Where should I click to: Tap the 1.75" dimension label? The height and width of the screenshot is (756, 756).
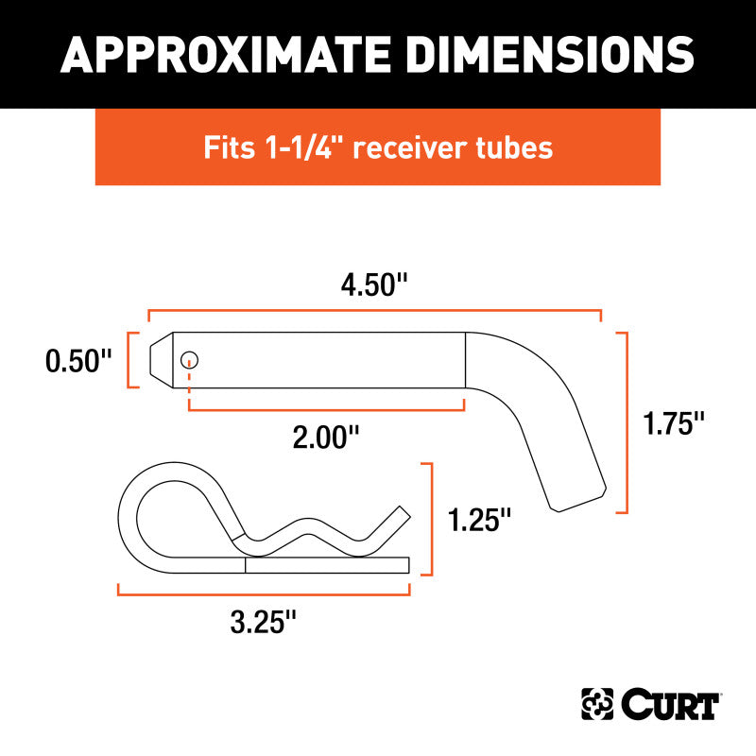tap(675, 421)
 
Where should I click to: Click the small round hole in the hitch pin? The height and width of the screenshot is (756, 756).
tap(190, 359)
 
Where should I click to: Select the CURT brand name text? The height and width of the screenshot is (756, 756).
tap(671, 704)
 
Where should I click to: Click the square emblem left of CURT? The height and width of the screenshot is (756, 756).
tap(596, 704)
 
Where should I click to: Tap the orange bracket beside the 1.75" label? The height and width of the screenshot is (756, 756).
tap(624, 421)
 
